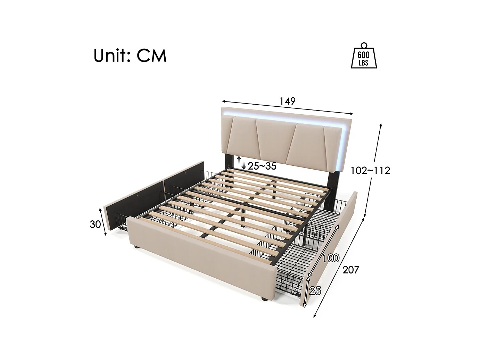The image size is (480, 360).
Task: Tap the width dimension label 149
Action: (287, 101)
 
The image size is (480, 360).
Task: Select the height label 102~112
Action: (370, 170)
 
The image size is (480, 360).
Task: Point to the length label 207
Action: (350, 269)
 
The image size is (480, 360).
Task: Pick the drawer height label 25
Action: (315, 291)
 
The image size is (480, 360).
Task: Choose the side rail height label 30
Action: (95, 224)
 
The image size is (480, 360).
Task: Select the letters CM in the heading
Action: (151, 56)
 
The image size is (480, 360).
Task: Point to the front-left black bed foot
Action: (136, 247)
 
